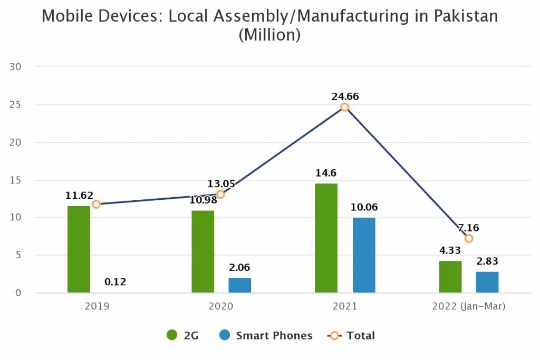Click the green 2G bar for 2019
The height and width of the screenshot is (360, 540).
pyautogui.click(x=79, y=249)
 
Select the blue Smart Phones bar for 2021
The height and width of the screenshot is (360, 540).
pyautogui.click(x=364, y=255)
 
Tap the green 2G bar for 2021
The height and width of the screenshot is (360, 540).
pyautogui.click(x=326, y=238)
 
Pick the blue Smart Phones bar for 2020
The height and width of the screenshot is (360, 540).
pyautogui.click(x=239, y=285)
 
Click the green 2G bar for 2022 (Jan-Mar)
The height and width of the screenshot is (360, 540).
pyautogui.click(x=450, y=277)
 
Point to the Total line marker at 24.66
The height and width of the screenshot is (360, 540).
pyautogui.click(x=344, y=107)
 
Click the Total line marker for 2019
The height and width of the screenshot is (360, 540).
pyautogui.click(x=96, y=205)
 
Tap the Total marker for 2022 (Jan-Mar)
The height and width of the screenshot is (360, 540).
pyautogui.click(x=469, y=238)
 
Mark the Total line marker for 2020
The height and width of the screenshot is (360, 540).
pyautogui.click(x=220, y=194)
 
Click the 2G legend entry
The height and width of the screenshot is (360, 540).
pyautogui.click(x=182, y=336)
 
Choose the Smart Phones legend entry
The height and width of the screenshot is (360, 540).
pyautogui.click(x=266, y=336)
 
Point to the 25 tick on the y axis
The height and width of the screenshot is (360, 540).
pyautogui.click(x=15, y=105)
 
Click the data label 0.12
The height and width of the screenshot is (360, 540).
pyautogui.click(x=115, y=282)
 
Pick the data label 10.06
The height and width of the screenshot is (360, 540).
pyautogui.click(x=364, y=207)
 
